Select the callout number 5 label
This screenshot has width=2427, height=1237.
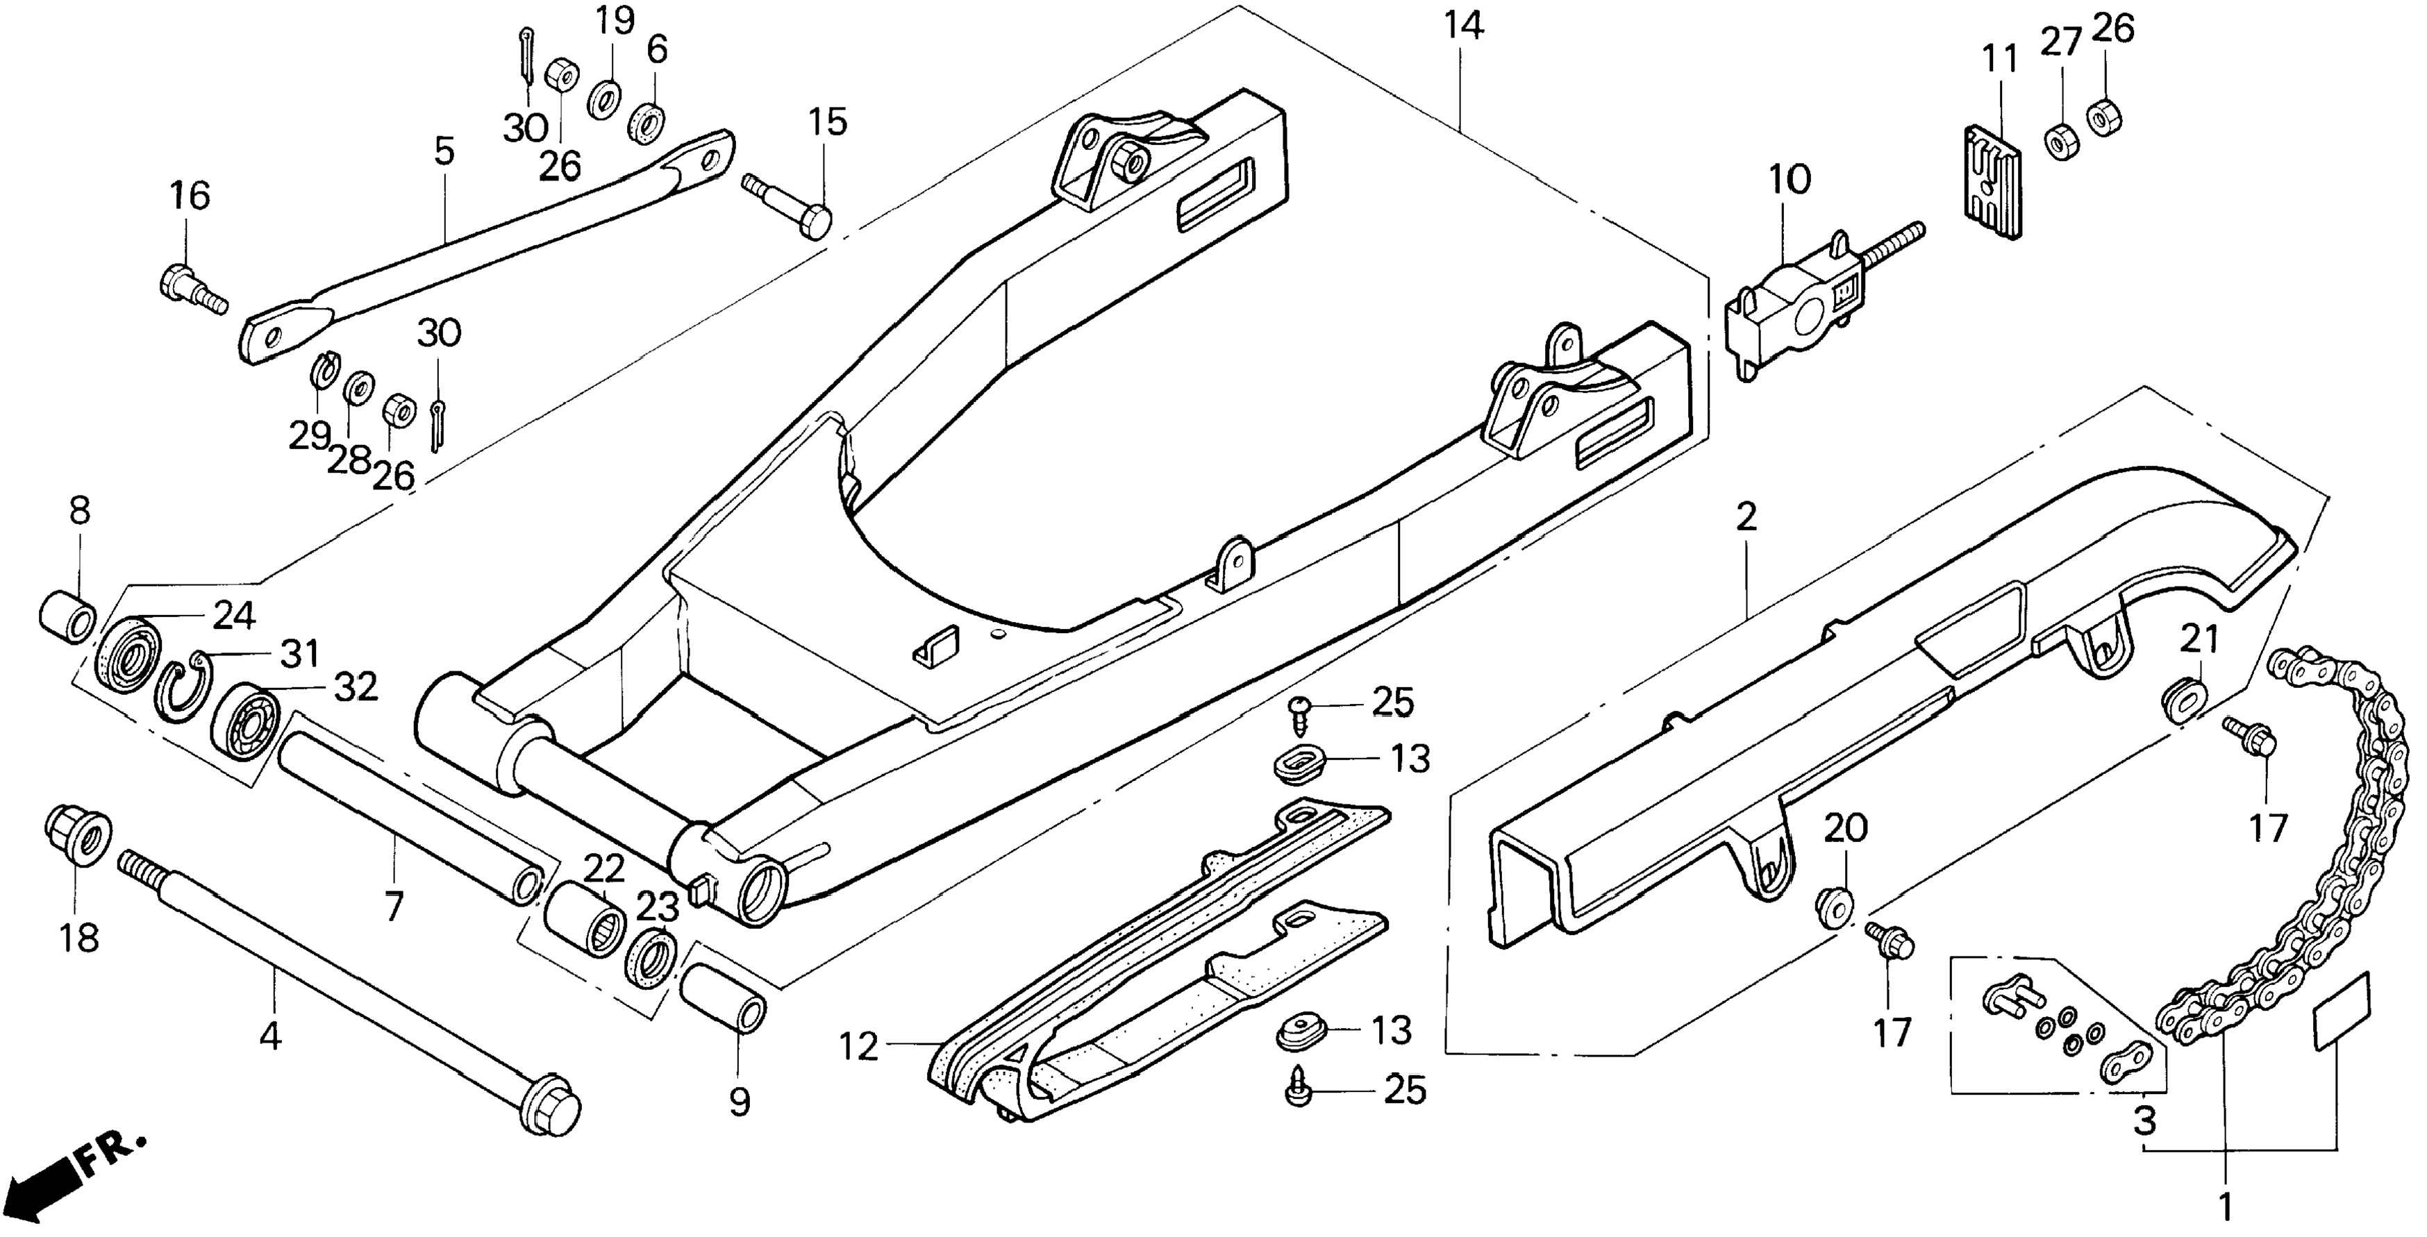(x=444, y=152)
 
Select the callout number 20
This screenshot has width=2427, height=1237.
(x=1846, y=829)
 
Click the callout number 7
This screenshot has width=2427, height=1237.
(x=394, y=907)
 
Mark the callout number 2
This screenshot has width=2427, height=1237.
(x=1746, y=516)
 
